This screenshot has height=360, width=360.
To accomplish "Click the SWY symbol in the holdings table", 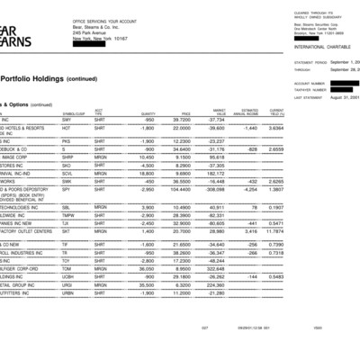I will (66, 119).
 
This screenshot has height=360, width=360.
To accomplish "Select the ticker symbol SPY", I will (67, 190).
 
